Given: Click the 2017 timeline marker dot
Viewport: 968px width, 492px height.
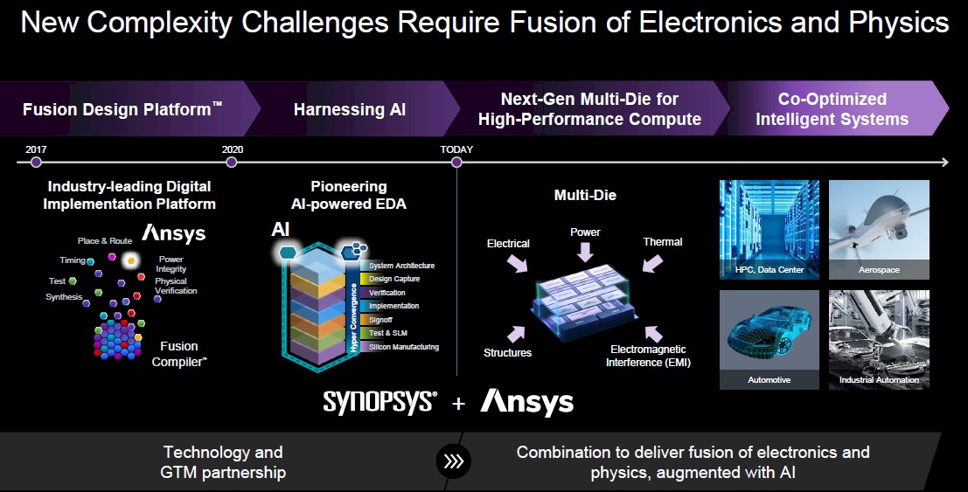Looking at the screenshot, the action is (x=36, y=163).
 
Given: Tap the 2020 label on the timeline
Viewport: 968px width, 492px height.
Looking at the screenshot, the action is (x=233, y=149).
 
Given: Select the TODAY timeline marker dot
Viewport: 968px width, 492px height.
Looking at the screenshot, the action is (x=456, y=163).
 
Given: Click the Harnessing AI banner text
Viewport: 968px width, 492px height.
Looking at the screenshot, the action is (x=350, y=109).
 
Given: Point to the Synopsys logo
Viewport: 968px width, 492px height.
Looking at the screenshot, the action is (x=380, y=403).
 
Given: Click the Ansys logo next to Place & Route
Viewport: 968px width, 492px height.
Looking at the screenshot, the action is (x=173, y=233).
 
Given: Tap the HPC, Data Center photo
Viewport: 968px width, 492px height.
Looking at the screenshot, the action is (x=770, y=230).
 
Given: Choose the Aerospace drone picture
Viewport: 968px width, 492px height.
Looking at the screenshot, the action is (x=879, y=230).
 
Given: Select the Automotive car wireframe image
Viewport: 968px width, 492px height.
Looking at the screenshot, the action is (x=770, y=340).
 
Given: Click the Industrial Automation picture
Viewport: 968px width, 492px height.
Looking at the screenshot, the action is (x=879, y=340).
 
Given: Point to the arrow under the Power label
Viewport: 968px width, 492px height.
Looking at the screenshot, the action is (x=585, y=252).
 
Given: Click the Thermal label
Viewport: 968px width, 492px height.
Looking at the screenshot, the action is (x=663, y=242).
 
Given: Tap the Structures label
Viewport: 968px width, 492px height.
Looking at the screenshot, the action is (x=507, y=353).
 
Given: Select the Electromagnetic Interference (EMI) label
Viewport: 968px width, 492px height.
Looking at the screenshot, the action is (x=648, y=357).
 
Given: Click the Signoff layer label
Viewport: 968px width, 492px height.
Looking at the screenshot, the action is (x=380, y=320).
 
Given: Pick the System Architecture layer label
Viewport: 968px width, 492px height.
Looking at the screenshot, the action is (x=402, y=266).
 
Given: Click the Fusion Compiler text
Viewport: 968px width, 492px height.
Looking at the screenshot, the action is (x=179, y=354).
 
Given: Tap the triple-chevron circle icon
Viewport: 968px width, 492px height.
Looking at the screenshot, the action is (x=454, y=461).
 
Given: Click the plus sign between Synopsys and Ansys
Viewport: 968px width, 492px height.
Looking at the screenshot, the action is (x=458, y=404).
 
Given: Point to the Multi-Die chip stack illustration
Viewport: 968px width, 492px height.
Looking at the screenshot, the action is (x=585, y=301).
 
